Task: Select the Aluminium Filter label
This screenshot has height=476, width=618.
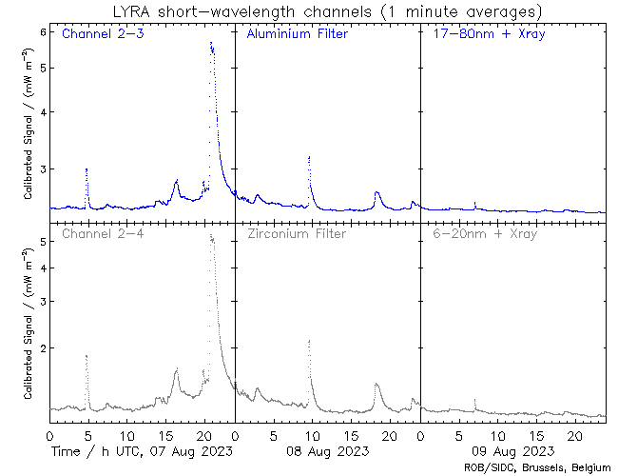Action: (297, 35)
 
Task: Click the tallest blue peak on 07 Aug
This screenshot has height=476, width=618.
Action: (211, 44)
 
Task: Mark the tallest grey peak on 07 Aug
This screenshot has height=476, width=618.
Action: (211, 237)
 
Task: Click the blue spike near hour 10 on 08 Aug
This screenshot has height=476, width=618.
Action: (309, 158)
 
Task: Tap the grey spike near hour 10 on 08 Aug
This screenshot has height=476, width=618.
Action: (309, 341)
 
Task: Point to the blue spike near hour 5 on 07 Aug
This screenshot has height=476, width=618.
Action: (87, 169)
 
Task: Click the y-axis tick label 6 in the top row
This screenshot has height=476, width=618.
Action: (42, 31)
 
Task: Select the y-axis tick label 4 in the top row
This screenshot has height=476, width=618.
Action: (42, 112)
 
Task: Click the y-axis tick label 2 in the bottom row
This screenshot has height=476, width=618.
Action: (42, 348)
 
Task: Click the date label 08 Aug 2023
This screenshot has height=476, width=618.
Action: (327, 450)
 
